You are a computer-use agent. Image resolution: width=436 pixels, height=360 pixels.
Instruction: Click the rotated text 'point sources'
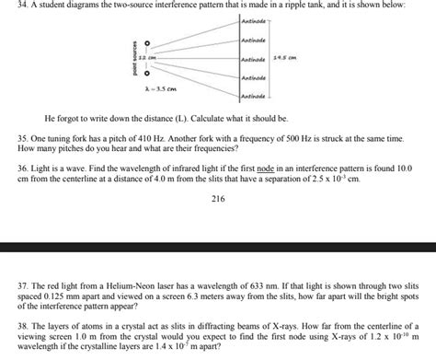(134, 59)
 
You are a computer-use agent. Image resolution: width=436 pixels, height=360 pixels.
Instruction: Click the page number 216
(218, 199)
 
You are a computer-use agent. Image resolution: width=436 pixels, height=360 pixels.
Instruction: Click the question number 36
(23, 170)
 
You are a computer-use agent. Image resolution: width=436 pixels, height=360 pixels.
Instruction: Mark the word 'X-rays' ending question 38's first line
(396, 327)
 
